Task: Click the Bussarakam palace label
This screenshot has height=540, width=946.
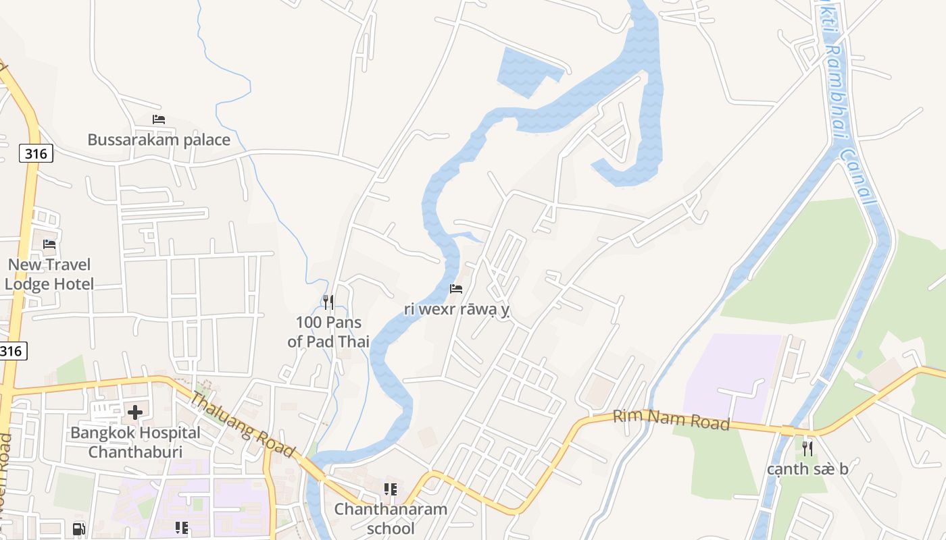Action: tap(159, 140)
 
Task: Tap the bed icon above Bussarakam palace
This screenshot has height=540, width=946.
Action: tap(159, 119)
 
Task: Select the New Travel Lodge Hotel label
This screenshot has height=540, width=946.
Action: tap(49, 274)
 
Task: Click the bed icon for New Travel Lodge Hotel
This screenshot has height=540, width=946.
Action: tap(49, 244)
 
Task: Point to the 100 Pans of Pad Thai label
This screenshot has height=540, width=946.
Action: tap(328, 331)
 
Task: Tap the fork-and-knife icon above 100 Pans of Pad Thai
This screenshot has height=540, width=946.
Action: tap(328, 302)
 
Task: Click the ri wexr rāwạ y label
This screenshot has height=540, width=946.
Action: tap(456, 310)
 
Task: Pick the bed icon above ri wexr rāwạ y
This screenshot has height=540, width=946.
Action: tap(456, 289)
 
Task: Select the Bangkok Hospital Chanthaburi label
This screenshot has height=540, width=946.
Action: tap(135, 442)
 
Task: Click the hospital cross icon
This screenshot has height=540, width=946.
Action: tap(135, 412)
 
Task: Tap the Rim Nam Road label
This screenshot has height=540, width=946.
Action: tap(671, 420)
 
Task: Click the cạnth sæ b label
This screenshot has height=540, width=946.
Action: tap(807, 469)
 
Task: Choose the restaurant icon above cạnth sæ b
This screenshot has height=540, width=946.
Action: tap(807, 448)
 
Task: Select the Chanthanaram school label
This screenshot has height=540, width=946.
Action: tap(391, 518)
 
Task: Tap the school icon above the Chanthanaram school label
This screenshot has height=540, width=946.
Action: tap(390, 489)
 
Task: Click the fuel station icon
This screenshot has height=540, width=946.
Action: tap(79, 529)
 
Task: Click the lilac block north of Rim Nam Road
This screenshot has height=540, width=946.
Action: tap(733, 375)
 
